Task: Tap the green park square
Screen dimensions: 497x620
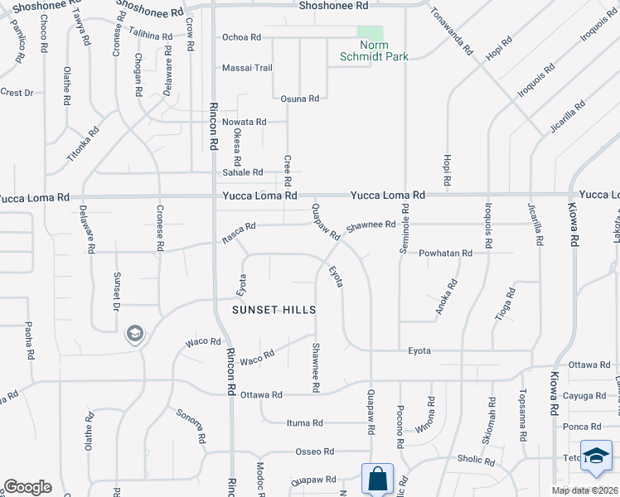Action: pos(370,32)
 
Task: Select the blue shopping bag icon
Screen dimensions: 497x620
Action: pos(377,479)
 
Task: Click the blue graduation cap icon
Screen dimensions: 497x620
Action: pos(596,456)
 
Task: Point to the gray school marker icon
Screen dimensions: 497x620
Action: pos(133,334)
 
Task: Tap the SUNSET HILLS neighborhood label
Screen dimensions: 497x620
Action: pos(274,309)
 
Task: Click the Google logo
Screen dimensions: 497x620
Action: pos(27,487)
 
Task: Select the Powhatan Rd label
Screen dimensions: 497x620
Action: pos(445,253)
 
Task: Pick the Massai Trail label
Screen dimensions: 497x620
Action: pos(247,68)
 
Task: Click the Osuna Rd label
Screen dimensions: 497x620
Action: pos(300,99)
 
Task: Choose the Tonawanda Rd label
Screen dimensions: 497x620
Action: pos(452,31)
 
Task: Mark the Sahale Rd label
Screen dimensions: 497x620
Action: pos(242,172)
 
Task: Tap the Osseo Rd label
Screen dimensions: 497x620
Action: pos(315,451)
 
